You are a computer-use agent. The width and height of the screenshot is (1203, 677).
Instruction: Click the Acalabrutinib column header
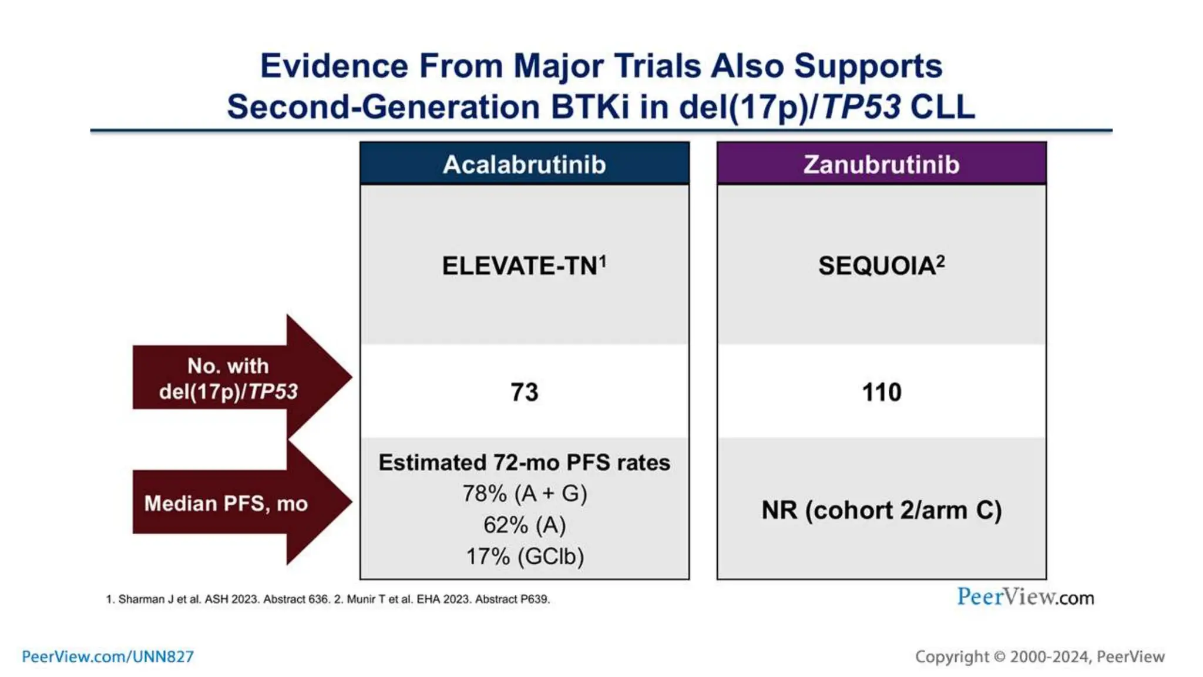(x=524, y=164)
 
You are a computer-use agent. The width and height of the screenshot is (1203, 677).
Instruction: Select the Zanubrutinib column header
(x=881, y=164)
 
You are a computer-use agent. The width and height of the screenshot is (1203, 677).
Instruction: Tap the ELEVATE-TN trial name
(x=524, y=266)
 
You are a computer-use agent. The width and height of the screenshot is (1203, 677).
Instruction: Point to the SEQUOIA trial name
(x=881, y=266)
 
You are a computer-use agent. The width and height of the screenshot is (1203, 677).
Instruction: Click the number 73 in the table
(x=524, y=392)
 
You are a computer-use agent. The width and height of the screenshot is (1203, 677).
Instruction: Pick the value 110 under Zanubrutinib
(x=881, y=392)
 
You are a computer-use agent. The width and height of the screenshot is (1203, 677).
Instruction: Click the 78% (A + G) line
(x=524, y=494)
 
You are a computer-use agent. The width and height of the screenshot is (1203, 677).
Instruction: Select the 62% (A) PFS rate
(x=524, y=525)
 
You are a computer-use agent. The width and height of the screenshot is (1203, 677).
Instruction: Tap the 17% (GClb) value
(x=524, y=556)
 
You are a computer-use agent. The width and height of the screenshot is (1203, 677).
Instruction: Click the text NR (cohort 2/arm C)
(x=881, y=510)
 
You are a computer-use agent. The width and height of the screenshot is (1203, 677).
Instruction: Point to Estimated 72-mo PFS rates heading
(x=524, y=462)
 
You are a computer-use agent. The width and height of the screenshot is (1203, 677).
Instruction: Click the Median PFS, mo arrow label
(x=226, y=504)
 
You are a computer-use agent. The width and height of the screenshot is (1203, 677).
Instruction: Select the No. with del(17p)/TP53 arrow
(x=228, y=378)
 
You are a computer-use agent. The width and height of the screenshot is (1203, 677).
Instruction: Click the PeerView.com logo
(x=1025, y=597)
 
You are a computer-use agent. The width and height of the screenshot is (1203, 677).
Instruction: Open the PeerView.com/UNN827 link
(x=107, y=656)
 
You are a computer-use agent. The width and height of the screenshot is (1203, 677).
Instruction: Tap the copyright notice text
(x=1040, y=656)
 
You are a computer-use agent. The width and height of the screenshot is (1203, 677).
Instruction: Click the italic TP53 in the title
(x=861, y=107)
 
